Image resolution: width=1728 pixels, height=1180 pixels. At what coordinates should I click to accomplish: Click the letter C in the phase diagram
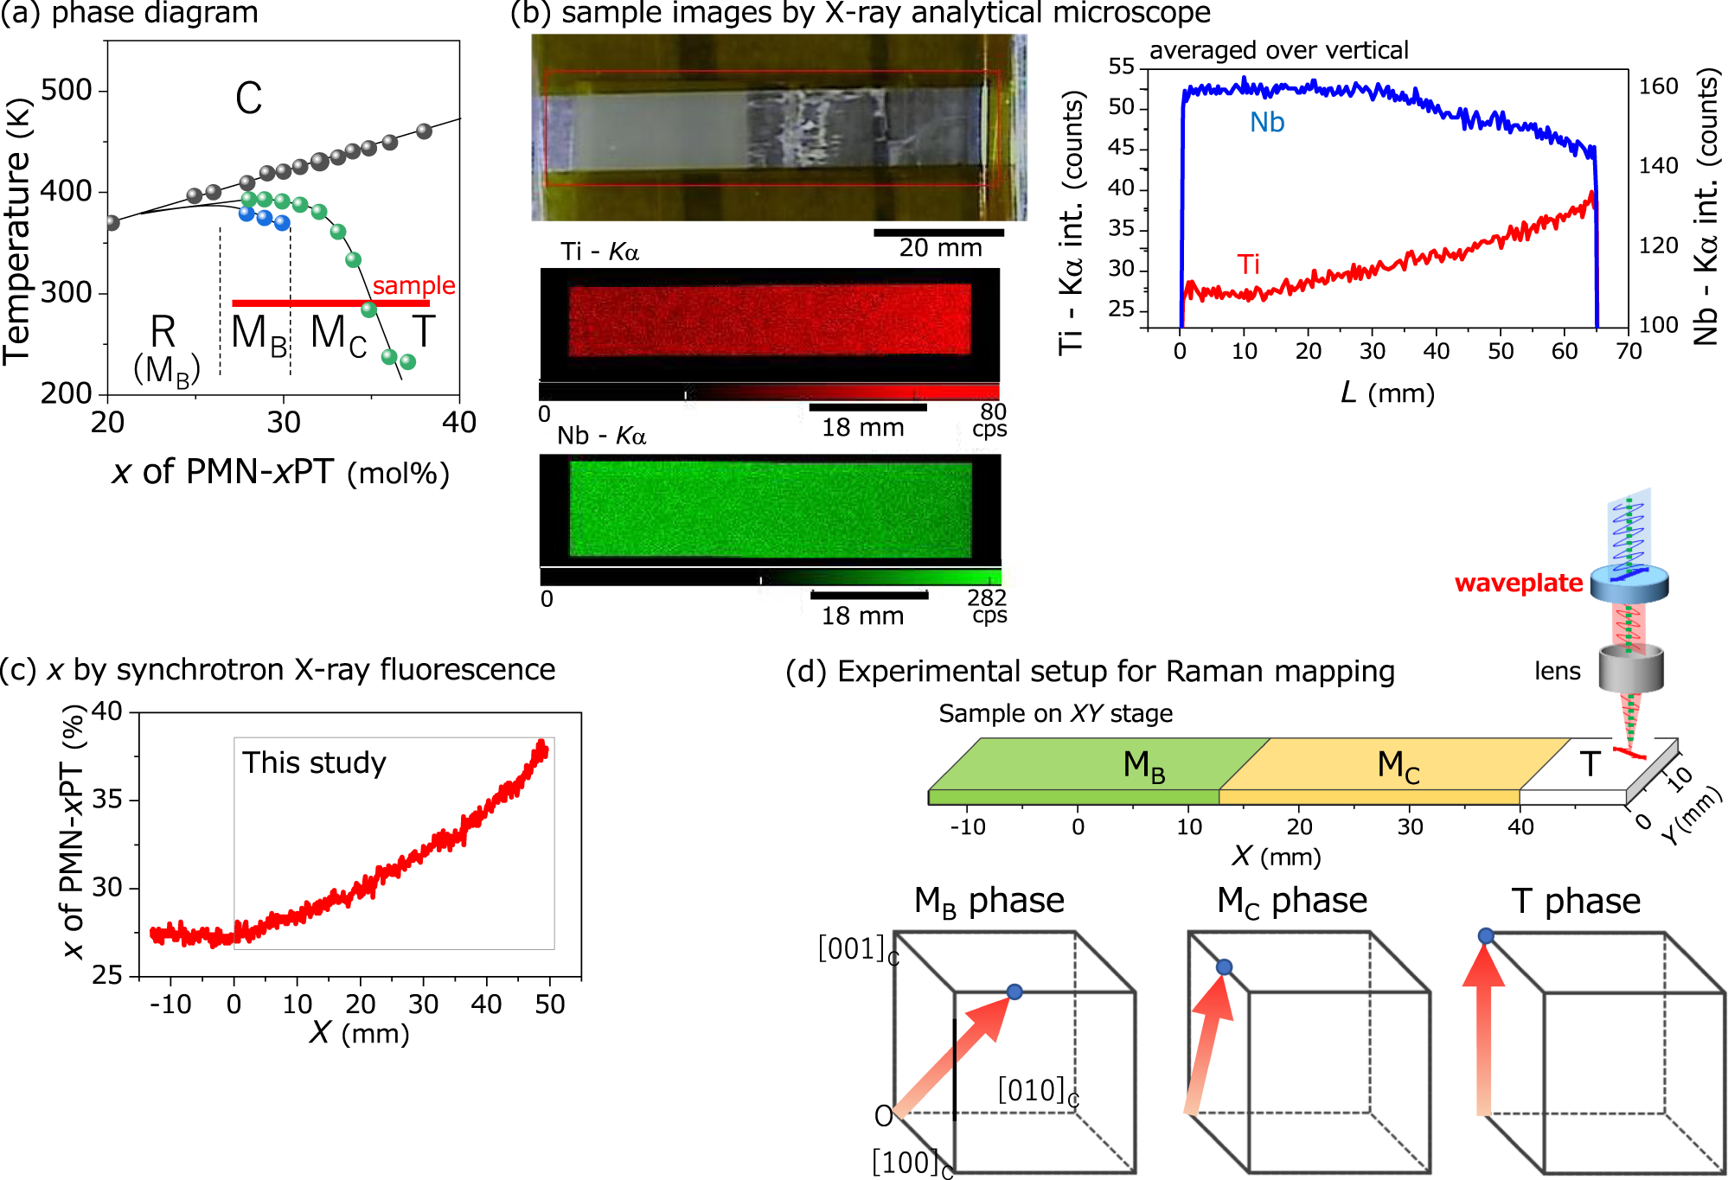pos(248,98)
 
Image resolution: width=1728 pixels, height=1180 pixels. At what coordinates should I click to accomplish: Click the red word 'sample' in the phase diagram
pos(413,285)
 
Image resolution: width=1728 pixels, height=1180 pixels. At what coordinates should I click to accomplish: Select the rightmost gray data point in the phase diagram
pos(424,131)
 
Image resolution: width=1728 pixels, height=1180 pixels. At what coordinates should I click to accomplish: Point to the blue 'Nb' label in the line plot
pos(1267,123)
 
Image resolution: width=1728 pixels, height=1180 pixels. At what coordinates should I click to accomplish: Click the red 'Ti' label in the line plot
pos(1248,264)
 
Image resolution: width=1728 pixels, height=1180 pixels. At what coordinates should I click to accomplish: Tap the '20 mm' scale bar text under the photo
pos(940,249)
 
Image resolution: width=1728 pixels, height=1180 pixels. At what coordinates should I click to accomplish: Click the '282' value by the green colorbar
pos(986,597)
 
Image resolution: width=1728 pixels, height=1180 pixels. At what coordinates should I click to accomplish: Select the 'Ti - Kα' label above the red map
pos(599,252)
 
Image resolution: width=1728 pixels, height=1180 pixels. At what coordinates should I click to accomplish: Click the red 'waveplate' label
pos(1518,584)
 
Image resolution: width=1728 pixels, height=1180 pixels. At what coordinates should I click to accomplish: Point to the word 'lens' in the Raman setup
pos(1557,672)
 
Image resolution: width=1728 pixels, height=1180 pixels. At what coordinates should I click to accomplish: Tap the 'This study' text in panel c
pos(314,762)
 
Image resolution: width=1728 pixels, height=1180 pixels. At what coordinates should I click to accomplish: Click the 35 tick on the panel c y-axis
pos(106,799)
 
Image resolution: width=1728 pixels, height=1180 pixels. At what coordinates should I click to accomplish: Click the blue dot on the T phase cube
pos(1486,935)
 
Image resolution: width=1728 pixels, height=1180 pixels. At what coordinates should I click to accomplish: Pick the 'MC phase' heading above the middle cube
pos(1291,901)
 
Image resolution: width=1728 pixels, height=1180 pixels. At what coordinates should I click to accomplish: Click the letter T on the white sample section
pos(1590,764)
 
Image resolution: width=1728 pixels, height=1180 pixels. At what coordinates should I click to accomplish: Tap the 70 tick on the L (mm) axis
pos(1629,351)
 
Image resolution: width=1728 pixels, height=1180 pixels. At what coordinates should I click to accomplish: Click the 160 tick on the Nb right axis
pos(1658,86)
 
